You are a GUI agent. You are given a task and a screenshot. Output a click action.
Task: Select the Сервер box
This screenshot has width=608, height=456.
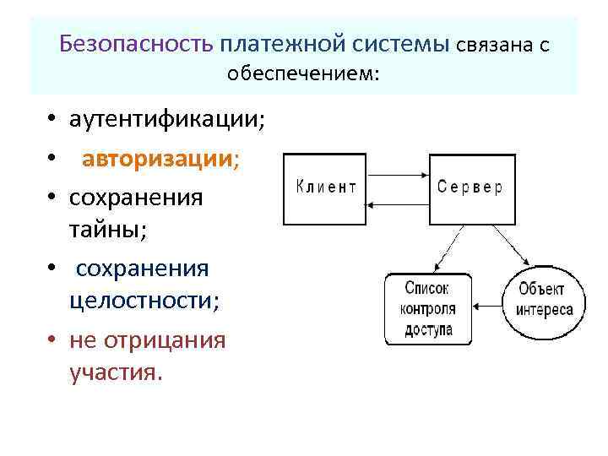[x=470, y=189]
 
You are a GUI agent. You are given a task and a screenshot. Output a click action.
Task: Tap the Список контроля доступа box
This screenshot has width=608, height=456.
[x=428, y=308]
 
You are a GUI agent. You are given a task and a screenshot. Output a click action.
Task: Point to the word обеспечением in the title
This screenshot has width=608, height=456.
[x=304, y=74]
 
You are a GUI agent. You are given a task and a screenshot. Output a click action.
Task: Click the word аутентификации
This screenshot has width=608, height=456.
[x=166, y=120]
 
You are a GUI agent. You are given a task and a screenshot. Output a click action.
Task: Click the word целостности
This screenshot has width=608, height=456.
[x=144, y=301]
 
